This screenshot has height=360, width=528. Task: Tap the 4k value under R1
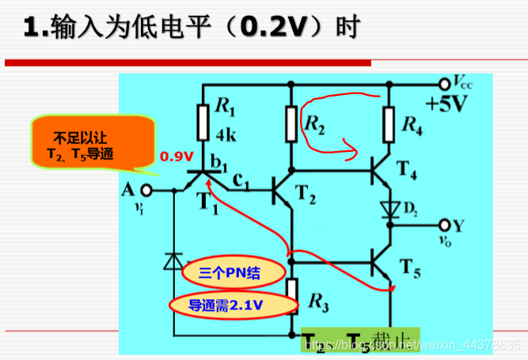[x=225, y=132]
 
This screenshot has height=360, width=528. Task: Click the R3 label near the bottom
[x=317, y=301]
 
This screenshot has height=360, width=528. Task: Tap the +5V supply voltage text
[x=448, y=104]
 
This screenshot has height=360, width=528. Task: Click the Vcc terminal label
[x=466, y=82]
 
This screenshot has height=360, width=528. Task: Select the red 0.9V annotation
[x=176, y=157]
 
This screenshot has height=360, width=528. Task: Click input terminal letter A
[x=127, y=190]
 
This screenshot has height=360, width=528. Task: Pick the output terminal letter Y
[x=460, y=225]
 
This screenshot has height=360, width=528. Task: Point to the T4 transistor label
[x=408, y=169]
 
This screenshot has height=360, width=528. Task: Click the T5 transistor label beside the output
[x=409, y=266]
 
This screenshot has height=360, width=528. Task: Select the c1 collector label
[x=242, y=185]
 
